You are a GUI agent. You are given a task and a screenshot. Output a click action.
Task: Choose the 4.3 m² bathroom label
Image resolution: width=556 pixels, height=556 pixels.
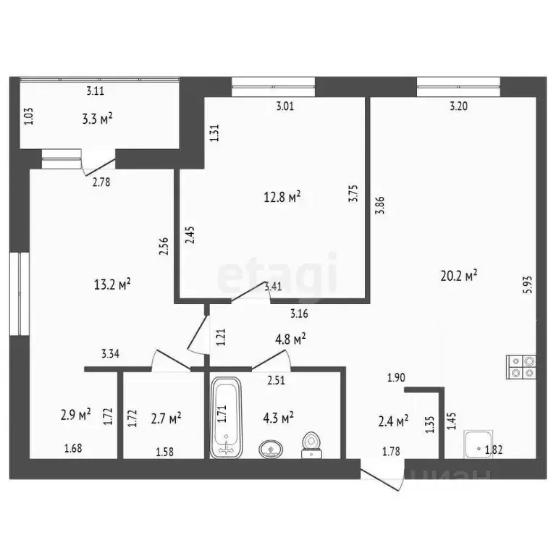click(277, 418)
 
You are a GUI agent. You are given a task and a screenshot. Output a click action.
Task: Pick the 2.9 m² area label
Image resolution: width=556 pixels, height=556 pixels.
click(75, 415)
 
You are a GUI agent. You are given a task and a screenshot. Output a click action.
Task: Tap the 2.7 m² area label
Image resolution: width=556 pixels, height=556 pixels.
click(166, 417)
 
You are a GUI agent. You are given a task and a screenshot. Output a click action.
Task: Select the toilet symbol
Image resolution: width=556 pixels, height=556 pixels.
click(312, 443)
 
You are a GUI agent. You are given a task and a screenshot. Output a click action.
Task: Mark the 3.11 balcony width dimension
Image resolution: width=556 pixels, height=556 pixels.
click(95, 91)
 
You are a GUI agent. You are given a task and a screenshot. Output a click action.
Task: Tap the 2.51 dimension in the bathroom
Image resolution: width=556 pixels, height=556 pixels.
click(276, 380)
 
